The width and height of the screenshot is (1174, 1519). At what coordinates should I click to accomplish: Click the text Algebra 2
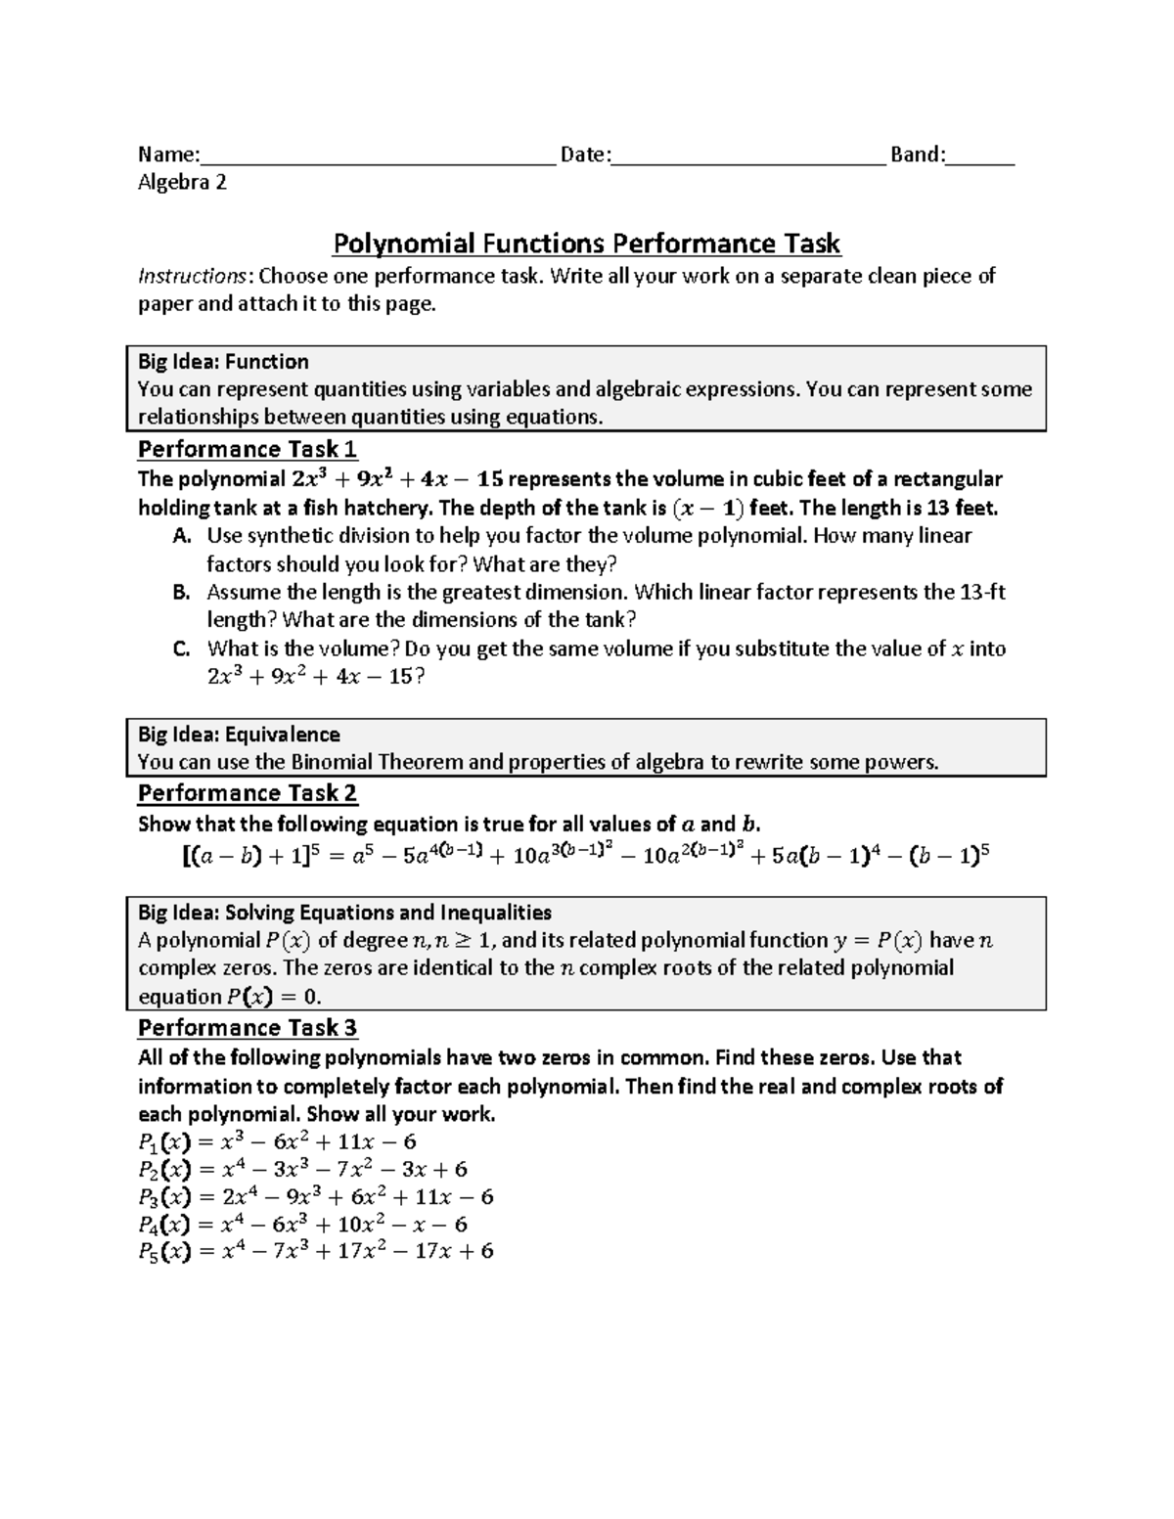182,182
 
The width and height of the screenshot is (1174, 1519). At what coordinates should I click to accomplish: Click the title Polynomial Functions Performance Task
587,243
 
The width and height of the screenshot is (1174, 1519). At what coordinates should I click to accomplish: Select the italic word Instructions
192,276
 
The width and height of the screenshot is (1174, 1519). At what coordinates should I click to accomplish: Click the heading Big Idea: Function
223,361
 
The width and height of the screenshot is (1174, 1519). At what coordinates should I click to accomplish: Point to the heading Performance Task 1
248,449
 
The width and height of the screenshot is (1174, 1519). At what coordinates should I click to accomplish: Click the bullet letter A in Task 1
180,535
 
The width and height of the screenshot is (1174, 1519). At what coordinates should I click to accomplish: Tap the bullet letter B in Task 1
180,592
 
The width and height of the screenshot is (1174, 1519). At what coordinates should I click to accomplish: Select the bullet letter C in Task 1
180,648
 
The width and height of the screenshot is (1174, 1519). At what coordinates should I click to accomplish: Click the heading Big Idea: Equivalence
239,735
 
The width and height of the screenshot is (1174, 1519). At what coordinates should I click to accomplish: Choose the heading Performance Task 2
248,792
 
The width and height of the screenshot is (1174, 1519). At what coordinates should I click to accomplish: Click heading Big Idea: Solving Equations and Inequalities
344,913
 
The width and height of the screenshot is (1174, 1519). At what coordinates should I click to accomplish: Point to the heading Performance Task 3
248,1027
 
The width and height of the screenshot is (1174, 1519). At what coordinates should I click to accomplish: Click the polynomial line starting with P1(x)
278,1141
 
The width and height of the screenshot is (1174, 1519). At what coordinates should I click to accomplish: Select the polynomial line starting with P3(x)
315,1197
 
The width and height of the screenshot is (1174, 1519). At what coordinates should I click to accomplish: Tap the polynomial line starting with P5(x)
315,1251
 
